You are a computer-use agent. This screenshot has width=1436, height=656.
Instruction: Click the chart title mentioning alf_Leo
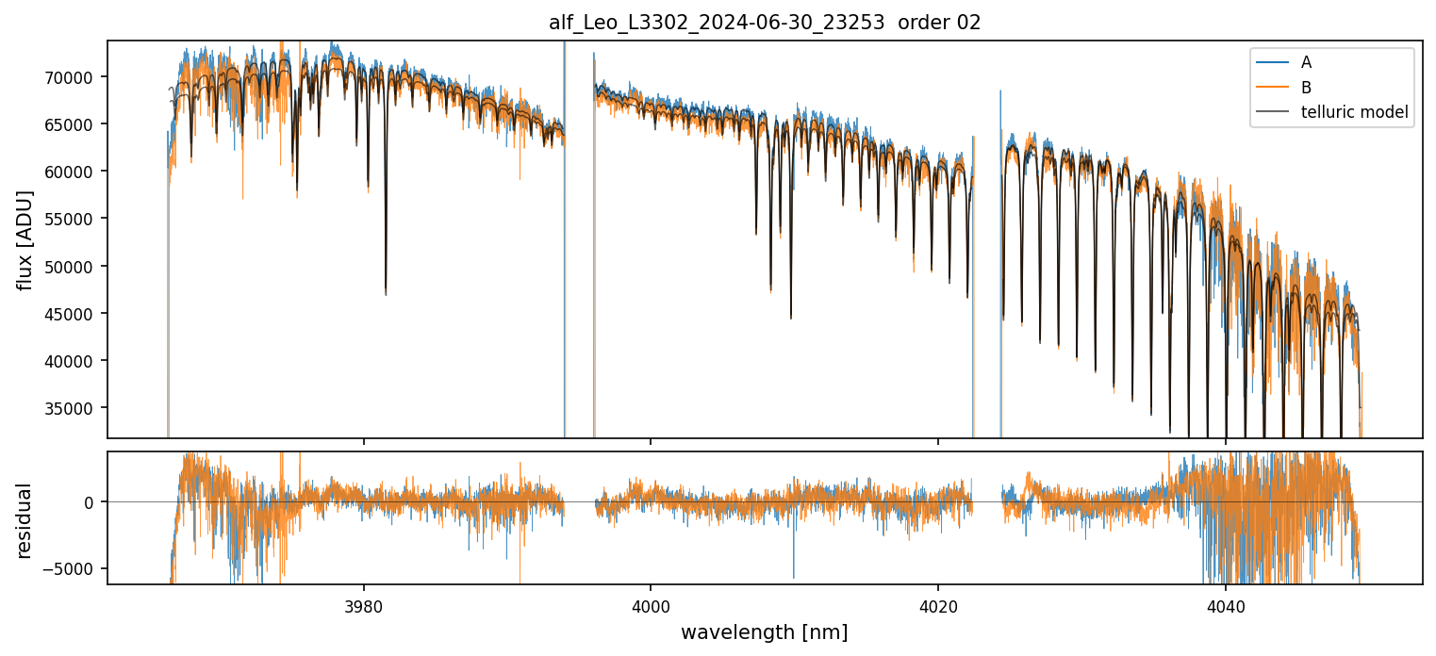[x=765, y=23]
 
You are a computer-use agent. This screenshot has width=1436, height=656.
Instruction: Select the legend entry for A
[x=1306, y=62]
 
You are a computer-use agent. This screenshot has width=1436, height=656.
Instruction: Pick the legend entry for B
[x=1306, y=88]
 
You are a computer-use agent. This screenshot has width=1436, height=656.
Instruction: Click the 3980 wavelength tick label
[x=364, y=604]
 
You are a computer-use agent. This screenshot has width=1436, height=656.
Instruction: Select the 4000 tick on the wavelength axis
[x=651, y=604]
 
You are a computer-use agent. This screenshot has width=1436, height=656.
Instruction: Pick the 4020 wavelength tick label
[x=938, y=604]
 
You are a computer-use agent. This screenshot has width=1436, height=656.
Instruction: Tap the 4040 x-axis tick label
[x=1225, y=604]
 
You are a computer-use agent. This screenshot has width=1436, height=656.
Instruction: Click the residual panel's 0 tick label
[x=90, y=502]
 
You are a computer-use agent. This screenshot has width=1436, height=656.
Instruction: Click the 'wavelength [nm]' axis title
[x=765, y=631]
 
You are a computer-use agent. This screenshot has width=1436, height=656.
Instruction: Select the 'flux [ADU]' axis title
[x=25, y=239]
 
